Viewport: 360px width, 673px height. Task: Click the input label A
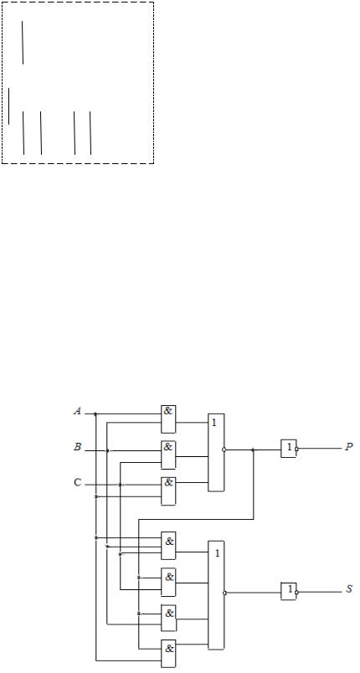pyautogui.click(x=78, y=411)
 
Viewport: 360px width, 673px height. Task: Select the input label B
pyautogui.click(x=78, y=447)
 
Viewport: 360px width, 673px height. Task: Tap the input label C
pyautogui.click(x=77, y=482)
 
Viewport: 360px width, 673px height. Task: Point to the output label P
pyautogui.click(x=349, y=447)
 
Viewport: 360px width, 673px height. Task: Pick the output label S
pyautogui.click(x=349, y=589)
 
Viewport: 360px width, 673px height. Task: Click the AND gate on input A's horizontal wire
pyautogui.click(x=168, y=419)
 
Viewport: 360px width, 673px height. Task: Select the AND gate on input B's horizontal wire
pyautogui.click(x=168, y=455)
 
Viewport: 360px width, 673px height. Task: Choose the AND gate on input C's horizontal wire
pyautogui.click(x=168, y=491)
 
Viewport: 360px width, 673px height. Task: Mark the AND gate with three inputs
pyautogui.click(x=168, y=546)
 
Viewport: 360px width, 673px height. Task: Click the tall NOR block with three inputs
pyautogui.click(x=216, y=452)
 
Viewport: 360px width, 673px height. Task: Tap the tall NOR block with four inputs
pyautogui.click(x=216, y=595)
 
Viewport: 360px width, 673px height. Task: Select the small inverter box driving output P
pyautogui.click(x=288, y=449)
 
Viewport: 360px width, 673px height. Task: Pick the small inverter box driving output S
pyautogui.click(x=288, y=591)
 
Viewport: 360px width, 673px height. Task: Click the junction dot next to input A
pyautogui.click(x=95, y=414)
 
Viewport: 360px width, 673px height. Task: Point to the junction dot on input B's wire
pyautogui.click(x=107, y=450)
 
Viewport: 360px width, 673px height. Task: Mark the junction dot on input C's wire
pyautogui.click(x=121, y=485)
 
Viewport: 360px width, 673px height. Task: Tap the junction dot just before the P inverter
pyautogui.click(x=253, y=450)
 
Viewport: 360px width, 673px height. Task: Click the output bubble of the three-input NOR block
pyautogui.click(x=224, y=450)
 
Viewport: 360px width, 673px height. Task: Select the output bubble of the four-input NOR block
pyautogui.click(x=224, y=593)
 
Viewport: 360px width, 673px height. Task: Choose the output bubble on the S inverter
pyautogui.click(x=296, y=592)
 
